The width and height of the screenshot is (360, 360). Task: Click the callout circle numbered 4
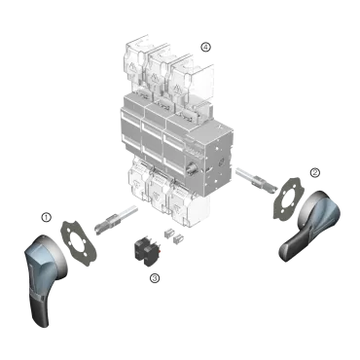[204, 46]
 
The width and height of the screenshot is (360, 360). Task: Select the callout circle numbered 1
[46, 216]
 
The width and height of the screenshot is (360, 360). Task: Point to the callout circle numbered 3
[154, 278]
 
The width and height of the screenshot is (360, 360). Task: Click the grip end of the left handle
[38, 306]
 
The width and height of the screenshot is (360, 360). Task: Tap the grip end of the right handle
[290, 247]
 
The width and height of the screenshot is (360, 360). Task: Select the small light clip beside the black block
[176, 234]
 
